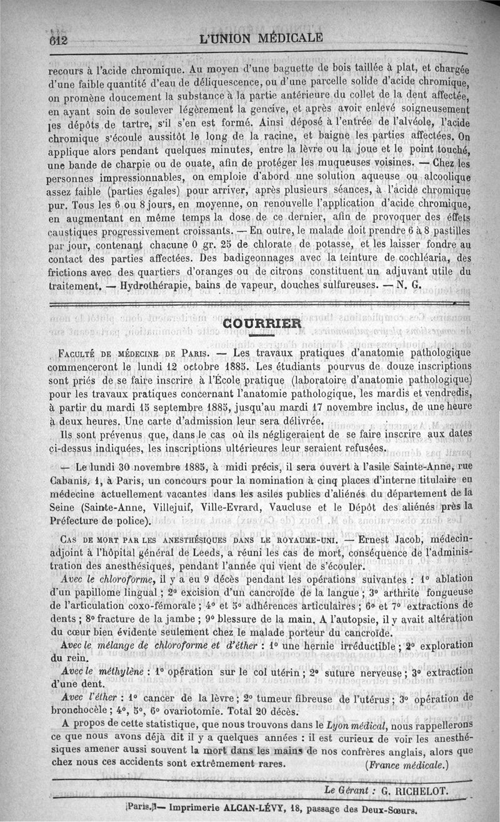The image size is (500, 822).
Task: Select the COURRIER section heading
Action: tap(262, 323)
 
